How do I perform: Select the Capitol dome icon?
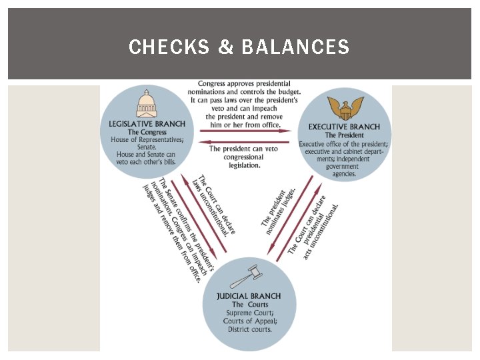(x=147, y=105)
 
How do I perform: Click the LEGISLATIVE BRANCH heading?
(x=147, y=124)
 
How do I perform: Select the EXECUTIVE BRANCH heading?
(x=344, y=127)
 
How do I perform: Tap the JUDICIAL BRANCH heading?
(x=249, y=296)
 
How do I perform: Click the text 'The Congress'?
(x=147, y=132)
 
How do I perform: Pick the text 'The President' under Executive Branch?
(x=344, y=135)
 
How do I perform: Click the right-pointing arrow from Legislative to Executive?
(x=246, y=131)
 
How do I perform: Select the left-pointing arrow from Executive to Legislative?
(x=246, y=141)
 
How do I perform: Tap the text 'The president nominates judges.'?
(x=277, y=212)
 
